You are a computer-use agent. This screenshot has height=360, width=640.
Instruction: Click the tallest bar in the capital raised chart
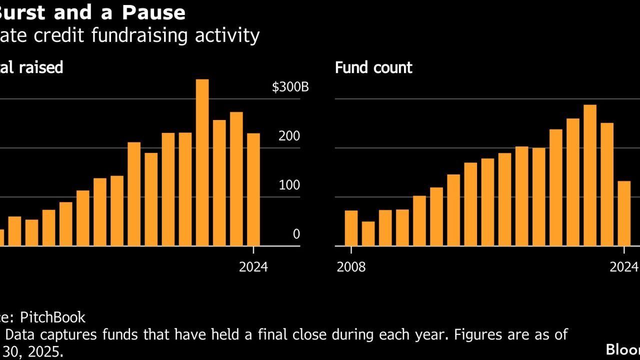pos(202,162)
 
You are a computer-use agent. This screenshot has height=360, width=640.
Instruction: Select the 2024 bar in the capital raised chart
pos(253,189)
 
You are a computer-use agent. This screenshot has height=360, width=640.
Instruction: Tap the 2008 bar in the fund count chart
pos(351,228)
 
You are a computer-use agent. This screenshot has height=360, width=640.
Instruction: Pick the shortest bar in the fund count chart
pos(368,233)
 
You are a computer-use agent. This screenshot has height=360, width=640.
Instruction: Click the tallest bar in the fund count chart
pos(590,175)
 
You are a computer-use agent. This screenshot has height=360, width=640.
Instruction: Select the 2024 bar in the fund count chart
pos(624,213)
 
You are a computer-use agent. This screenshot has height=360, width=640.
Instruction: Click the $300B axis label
pos(290,87)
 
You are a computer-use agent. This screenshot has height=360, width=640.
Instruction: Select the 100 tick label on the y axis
pos(289,185)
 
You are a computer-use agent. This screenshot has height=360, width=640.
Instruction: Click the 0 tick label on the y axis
pos(296,234)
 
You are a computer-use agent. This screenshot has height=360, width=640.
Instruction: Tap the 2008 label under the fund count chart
pos(351,267)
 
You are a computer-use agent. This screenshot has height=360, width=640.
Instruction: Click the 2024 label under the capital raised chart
pos(253,267)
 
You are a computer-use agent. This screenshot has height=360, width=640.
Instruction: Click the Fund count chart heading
pos(373,67)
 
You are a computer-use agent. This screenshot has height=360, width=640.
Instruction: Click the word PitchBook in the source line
pos(52,317)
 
